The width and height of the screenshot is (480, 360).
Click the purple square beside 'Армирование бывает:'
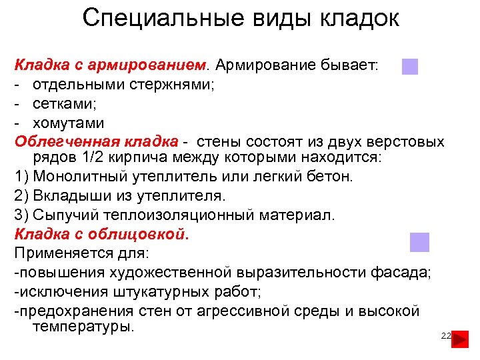pyautogui.click(x=410, y=67)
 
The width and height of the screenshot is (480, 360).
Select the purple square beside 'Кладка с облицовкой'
pyautogui.click(x=419, y=242)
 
